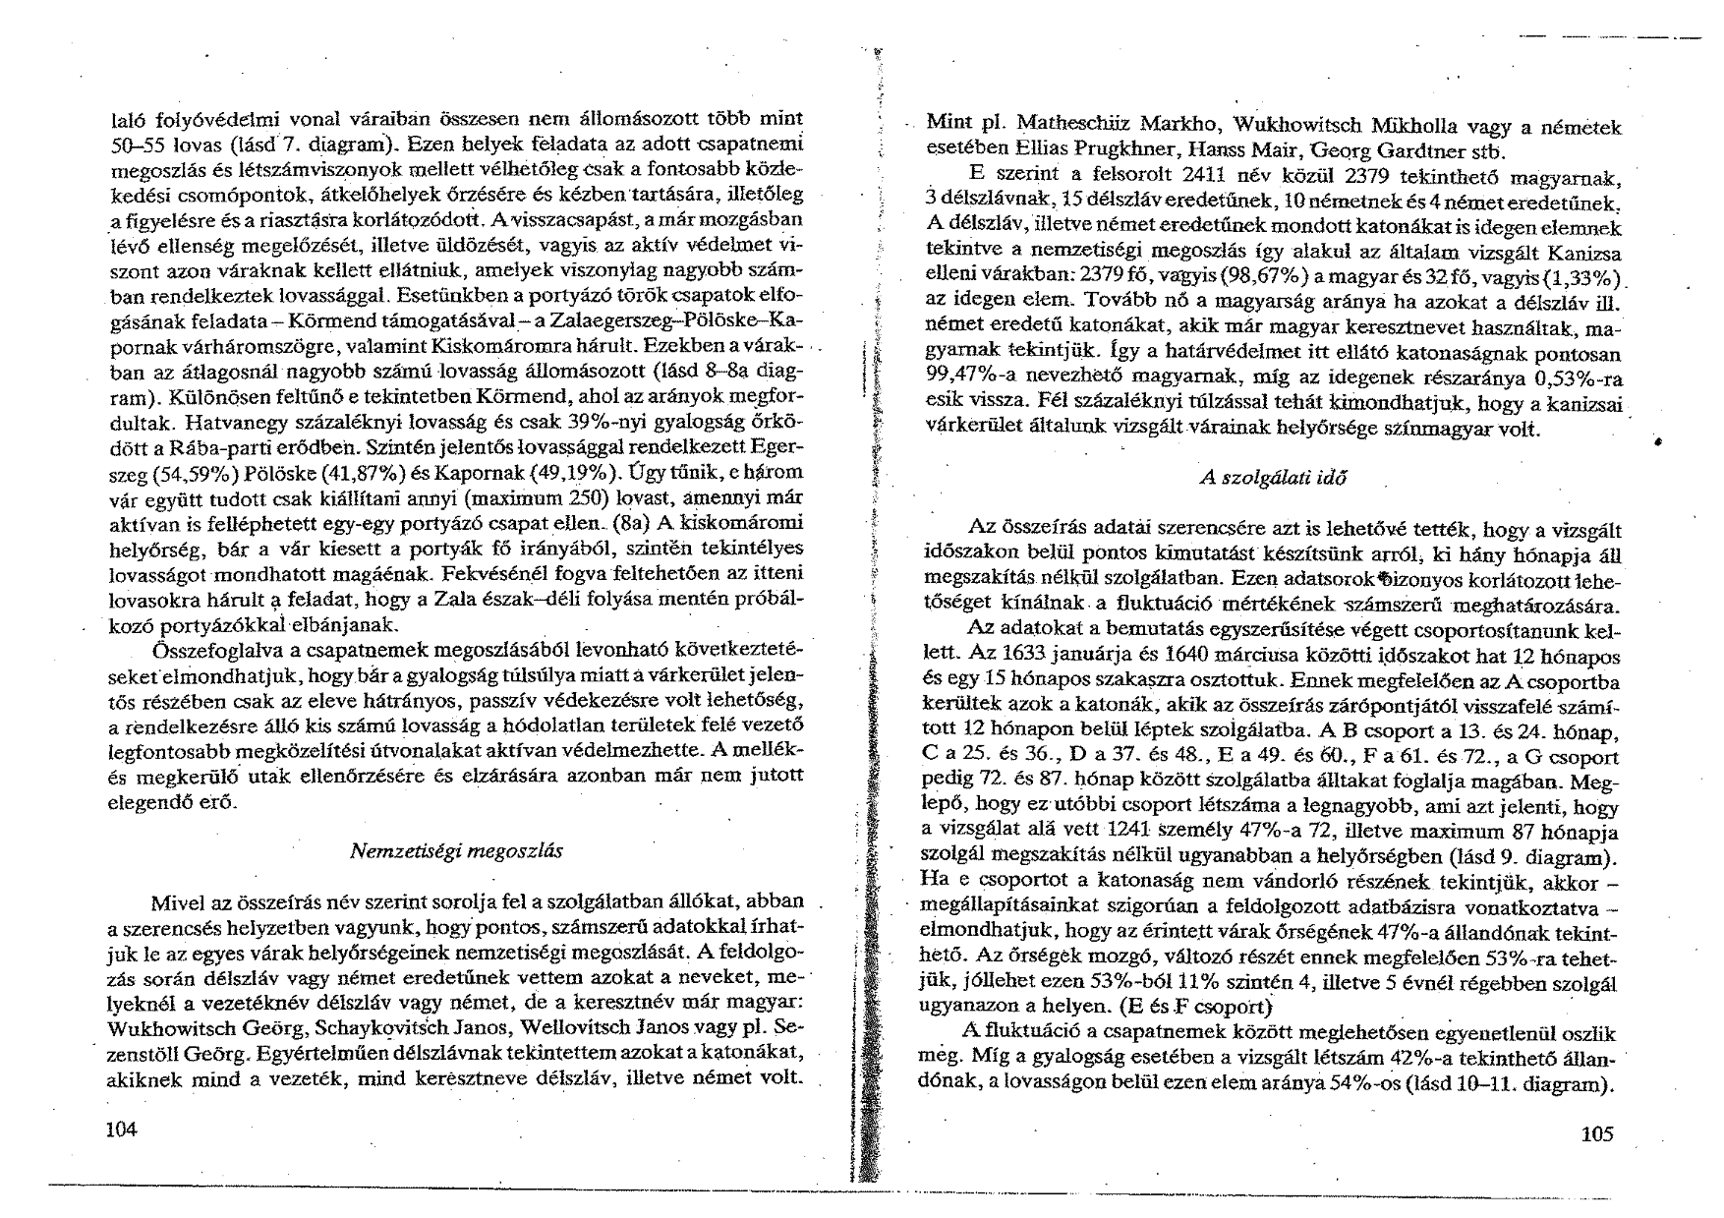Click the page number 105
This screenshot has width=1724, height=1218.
pyautogui.click(x=1597, y=1134)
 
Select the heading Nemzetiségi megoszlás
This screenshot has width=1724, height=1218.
pyautogui.click(x=456, y=851)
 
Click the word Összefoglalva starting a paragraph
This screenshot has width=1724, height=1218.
pyautogui.click(x=205, y=650)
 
